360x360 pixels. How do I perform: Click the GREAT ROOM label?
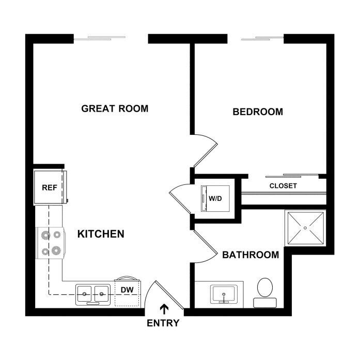(115, 108)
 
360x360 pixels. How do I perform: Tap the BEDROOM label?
(258, 112)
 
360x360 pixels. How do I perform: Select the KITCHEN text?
(101, 234)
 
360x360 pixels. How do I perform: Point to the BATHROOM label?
(251, 255)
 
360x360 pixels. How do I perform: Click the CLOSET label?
(283, 186)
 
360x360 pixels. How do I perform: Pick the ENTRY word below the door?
(163, 323)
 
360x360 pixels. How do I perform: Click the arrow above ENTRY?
(164, 309)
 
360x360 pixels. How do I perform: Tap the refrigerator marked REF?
(50, 187)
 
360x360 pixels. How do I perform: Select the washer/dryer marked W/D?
(215, 198)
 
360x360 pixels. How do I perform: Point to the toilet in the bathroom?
(265, 293)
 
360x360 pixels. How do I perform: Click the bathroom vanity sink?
(224, 294)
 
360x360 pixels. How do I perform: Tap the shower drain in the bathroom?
(305, 228)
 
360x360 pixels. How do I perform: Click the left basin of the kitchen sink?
(84, 294)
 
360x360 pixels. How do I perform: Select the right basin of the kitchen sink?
(101, 294)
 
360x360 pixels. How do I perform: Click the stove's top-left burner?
(45, 236)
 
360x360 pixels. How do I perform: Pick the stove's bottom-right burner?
(56, 251)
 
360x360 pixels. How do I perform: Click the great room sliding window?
(99, 38)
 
